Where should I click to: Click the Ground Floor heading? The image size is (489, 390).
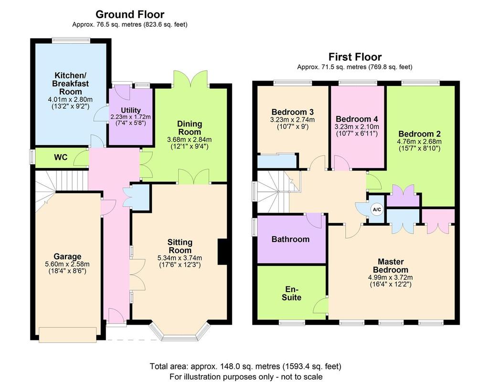click(130, 15)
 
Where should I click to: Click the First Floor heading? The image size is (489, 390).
click(354, 57)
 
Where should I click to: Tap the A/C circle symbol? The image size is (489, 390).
click(377, 209)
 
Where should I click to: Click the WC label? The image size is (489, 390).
click(61, 157)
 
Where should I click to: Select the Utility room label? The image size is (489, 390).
click(130, 110)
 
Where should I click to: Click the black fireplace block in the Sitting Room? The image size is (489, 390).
click(222, 251)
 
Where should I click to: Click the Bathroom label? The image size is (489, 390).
click(290, 239)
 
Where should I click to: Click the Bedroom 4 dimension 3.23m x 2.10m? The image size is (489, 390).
click(357, 126)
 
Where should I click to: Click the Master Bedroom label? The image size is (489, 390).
click(391, 265)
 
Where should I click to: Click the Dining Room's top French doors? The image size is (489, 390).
click(191, 79)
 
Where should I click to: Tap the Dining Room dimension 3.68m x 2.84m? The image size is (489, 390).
click(190, 139)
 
